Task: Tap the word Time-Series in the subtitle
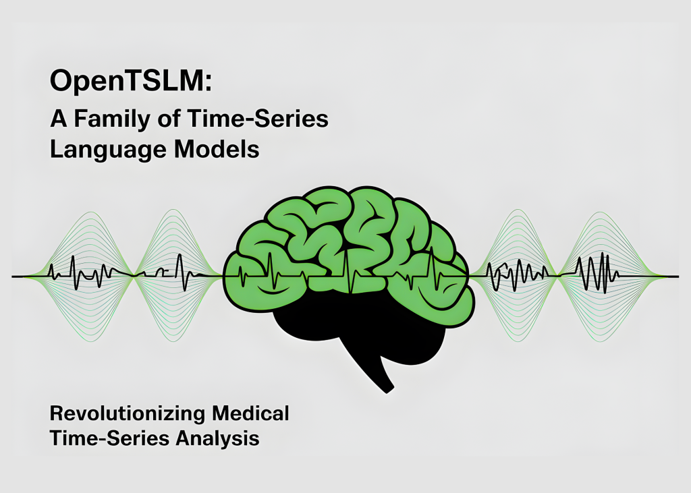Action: (x=258, y=119)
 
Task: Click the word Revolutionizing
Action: (x=128, y=413)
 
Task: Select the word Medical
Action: (x=250, y=413)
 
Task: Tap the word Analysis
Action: (x=218, y=439)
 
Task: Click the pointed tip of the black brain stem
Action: (x=387, y=391)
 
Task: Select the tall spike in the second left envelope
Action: (x=179, y=272)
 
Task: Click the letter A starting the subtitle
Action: (x=59, y=119)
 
